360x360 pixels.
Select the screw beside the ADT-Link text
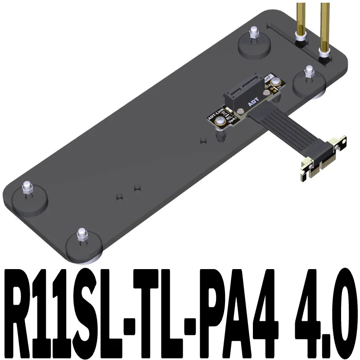pyautogui.click(x=220, y=123)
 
